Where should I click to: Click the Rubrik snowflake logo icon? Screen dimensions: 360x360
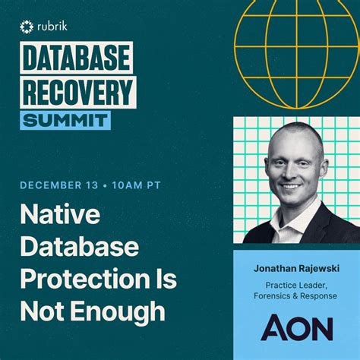pyautogui.click(x=27, y=27)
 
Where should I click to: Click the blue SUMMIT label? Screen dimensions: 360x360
pyautogui.click(x=65, y=119)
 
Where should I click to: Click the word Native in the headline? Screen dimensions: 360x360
pyautogui.click(x=60, y=216)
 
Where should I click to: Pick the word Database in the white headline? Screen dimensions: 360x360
pyautogui.click(x=79, y=248)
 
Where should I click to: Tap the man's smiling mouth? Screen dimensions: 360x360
pyautogui.click(x=291, y=185)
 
